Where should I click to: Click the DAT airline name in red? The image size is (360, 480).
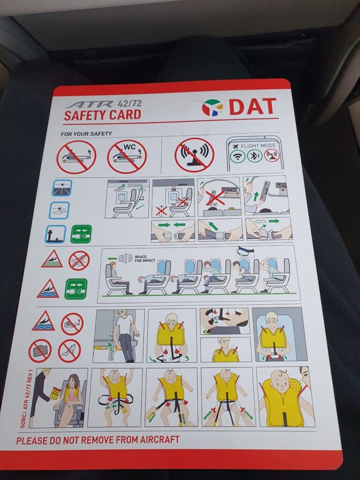(253, 106)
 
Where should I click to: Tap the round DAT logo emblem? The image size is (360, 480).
(212, 107)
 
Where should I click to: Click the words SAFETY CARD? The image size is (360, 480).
(103, 115)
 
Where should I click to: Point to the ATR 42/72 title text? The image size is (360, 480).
(104, 104)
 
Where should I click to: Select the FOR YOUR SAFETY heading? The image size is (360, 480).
(86, 134)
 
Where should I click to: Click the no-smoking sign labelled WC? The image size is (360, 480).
(127, 157)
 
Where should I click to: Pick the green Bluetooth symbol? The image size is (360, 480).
(255, 156)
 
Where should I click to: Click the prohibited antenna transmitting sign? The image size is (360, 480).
(195, 155)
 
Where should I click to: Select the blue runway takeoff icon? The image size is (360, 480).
(62, 187)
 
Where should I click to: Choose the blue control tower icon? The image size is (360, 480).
(55, 234)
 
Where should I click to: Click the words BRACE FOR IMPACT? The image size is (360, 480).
(145, 259)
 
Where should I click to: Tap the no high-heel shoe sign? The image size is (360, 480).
(69, 351)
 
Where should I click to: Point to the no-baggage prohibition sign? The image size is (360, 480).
(40, 351)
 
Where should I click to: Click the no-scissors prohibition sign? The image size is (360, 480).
(79, 261)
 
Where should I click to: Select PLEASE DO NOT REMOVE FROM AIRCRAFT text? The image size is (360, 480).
(97, 440)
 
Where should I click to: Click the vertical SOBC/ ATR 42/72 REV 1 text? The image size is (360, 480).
(26, 398)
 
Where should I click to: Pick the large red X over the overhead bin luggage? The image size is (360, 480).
(215, 197)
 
